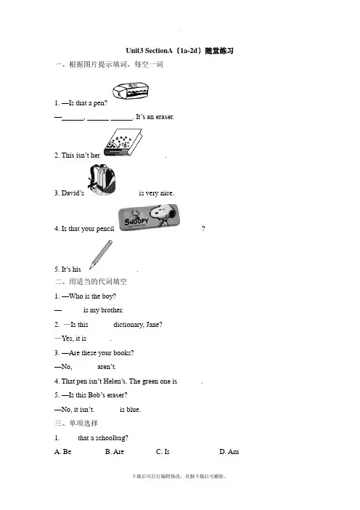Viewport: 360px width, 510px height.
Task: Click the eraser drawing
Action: (x=131, y=90)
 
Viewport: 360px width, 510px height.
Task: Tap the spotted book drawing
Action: (x=123, y=142)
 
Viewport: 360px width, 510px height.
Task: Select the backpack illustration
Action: (x=102, y=180)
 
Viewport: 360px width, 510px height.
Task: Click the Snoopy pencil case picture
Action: (x=149, y=217)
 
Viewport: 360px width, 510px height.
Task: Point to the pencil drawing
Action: (x=101, y=255)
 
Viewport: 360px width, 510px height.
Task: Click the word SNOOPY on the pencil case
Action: (x=136, y=221)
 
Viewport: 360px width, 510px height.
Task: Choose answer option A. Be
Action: (x=63, y=451)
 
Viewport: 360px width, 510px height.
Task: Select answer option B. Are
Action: (x=115, y=451)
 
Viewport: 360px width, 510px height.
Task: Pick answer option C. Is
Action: (x=163, y=451)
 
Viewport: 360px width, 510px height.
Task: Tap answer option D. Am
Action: (x=229, y=451)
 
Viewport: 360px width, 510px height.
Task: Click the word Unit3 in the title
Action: (x=134, y=51)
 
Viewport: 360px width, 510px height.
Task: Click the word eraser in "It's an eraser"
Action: (x=165, y=117)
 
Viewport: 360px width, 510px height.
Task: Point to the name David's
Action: (x=73, y=193)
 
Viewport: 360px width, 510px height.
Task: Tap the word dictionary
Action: (x=128, y=325)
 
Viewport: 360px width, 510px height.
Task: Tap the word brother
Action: (x=112, y=310)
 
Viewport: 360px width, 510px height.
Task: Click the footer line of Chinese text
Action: (x=179, y=476)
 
